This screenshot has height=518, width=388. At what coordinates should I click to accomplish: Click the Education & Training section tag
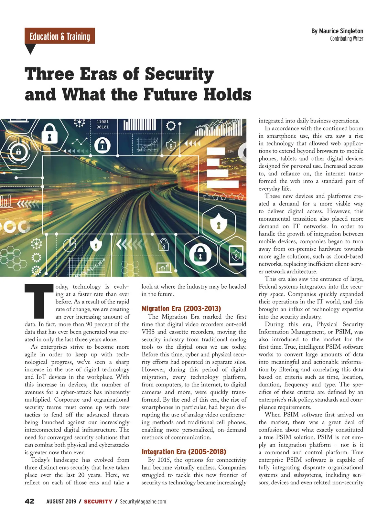tap(59, 36)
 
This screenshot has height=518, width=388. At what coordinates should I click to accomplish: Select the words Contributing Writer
tap(346, 39)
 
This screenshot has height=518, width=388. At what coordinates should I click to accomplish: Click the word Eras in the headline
tap(98, 74)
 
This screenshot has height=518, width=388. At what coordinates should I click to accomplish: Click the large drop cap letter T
tap(39, 301)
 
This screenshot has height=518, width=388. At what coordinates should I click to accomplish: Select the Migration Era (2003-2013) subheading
tap(181, 309)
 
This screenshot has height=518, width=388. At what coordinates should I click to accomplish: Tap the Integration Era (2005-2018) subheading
tap(184, 452)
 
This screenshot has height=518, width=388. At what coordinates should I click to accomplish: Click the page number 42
tap(29, 501)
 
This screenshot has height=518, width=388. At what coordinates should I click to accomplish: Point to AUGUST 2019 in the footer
tap(61, 502)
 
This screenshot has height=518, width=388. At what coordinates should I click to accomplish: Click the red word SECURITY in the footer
tap(98, 502)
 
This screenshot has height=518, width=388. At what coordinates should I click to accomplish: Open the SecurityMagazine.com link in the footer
tap(143, 502)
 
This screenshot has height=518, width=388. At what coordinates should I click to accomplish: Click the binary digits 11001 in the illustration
tap(102, 122)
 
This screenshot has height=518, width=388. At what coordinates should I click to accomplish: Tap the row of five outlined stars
tap(223, 196)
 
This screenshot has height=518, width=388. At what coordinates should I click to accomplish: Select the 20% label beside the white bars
tap(243, 185)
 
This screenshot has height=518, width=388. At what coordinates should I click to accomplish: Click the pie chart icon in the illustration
tap(69, 244)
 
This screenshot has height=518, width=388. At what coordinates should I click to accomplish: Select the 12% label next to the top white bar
tap(231, 151)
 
